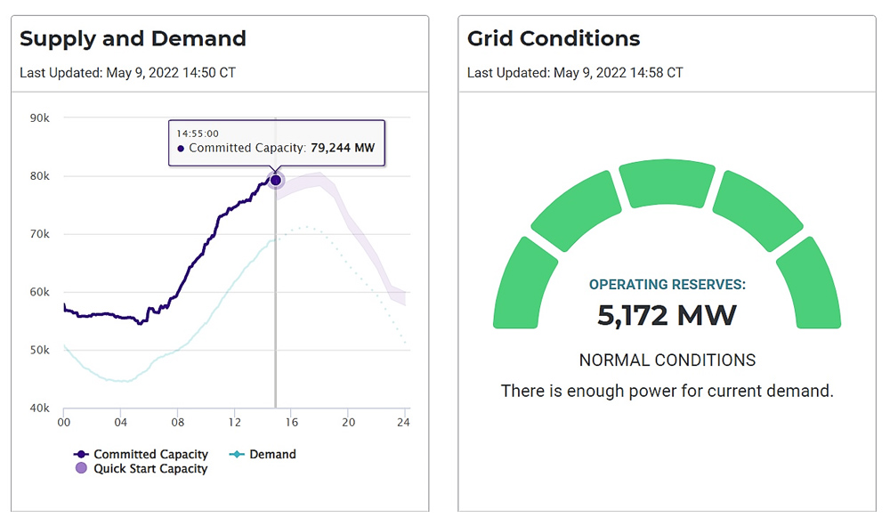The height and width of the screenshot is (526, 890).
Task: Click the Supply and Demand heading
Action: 133,39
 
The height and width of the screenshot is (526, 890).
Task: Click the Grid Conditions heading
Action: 553,39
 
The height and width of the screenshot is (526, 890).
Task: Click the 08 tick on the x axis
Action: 178,423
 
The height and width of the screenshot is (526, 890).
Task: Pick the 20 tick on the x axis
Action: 349,423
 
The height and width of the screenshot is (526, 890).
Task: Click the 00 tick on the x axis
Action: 64,423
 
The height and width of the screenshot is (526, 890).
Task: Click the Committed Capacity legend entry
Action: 142,454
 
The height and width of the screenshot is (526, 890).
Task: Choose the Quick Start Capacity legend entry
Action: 142,469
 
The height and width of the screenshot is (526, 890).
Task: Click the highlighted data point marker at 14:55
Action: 275,180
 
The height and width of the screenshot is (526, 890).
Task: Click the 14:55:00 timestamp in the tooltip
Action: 198,134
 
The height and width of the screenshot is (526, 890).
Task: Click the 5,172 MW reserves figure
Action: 667,315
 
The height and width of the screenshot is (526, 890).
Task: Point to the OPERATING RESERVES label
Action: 667,285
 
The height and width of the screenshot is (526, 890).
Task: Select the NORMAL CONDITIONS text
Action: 667,360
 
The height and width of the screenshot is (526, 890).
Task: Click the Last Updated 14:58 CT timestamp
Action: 575,72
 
